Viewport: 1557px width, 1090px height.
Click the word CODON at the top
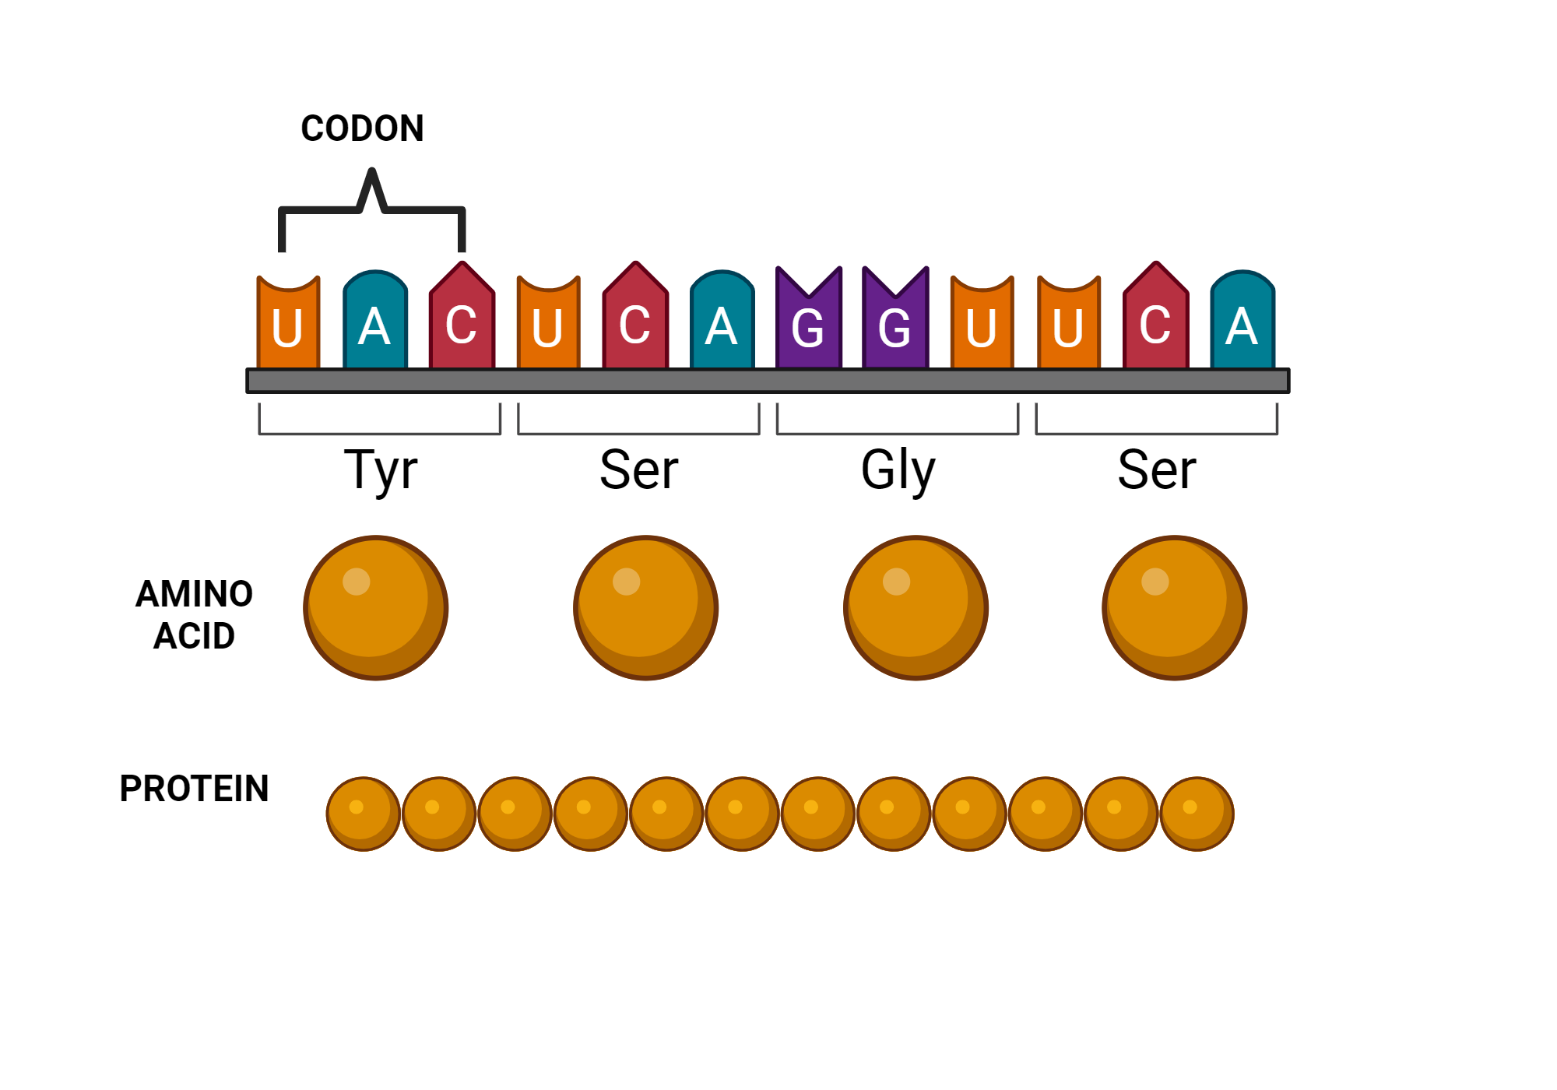pos(362,128)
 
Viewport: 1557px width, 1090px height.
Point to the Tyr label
pos(381,470)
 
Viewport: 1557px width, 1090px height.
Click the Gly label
pos(898,470)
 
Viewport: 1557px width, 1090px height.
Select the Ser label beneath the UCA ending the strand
pos(1156,470)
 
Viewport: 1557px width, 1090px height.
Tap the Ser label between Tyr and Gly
pos(638,470)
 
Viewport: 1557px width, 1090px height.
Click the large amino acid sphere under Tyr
pos(375,607)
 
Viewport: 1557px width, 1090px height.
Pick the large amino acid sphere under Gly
pos(916,607)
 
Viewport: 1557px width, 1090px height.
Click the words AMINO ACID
pos(194,615)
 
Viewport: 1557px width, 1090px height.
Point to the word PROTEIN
pos(194,789)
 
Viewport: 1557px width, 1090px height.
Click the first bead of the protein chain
pos(363,814)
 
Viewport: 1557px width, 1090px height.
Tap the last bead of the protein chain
pos(1197,814)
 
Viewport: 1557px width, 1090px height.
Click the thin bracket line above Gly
pos(897,434)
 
